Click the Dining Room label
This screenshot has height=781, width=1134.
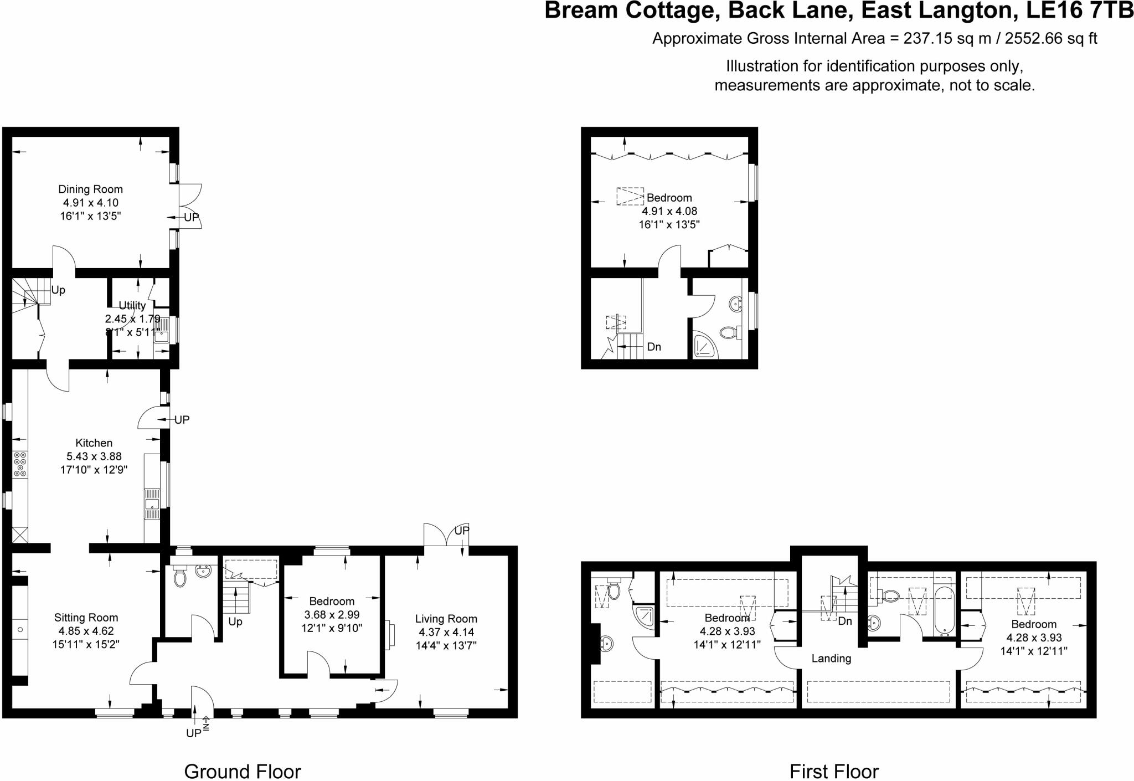click(x=90, y=189)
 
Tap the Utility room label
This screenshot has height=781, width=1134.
click(x=132, y=305)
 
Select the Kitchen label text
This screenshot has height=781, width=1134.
click(x=94, y=443)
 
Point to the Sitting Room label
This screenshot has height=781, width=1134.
click(x=86, y=618)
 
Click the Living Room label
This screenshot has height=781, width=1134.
click(x=446, y=619)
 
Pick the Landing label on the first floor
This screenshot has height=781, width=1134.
click(x=831, y=659)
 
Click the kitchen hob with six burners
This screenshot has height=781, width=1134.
click(x=20, y=464)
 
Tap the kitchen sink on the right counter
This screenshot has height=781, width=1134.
click(x=152, y=504)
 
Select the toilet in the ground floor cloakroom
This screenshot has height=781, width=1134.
click(x=179, y=578)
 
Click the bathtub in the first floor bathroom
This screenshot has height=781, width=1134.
click(x=944, y=610)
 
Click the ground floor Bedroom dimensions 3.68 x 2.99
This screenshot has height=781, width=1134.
click(x=332, y=615)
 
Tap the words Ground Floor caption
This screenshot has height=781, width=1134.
click(x=242, y=771)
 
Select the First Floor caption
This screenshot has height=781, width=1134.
click(x=834, y=771)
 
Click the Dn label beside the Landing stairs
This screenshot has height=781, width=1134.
click(x=845, y=621)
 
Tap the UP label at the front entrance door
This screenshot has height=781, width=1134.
click(x=193, y=733)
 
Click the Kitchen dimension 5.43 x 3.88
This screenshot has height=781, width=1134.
click(x=94, y=456)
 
